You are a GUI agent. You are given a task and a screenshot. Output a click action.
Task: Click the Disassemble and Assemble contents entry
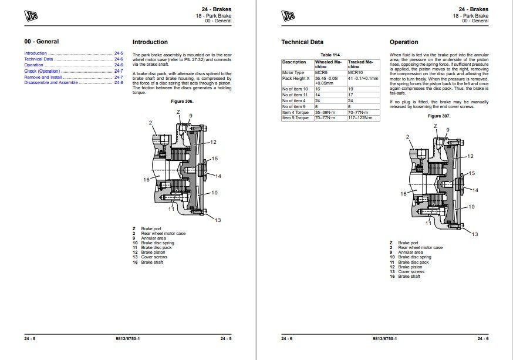50,83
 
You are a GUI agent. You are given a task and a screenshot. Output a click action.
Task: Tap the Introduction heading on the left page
150,42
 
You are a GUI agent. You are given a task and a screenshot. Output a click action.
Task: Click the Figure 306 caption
182,102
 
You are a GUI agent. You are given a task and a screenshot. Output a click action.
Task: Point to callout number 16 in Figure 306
146,180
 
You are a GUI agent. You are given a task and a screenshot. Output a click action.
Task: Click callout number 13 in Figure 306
217,220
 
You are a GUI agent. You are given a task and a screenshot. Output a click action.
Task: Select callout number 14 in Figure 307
475,190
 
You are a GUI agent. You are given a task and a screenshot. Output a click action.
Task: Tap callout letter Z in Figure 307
435,126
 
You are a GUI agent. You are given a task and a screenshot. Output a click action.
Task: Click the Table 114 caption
330,55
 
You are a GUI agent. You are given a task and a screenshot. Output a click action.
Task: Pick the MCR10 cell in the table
356,73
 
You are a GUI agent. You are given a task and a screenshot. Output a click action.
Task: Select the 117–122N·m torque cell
363,118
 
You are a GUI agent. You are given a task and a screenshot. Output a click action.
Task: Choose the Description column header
294,62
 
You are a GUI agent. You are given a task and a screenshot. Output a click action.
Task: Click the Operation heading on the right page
404,42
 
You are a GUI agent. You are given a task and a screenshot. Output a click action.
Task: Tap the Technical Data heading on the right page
302,42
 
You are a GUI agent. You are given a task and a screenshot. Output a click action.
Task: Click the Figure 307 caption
438,116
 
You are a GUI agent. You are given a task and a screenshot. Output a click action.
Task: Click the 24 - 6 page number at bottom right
483,338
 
